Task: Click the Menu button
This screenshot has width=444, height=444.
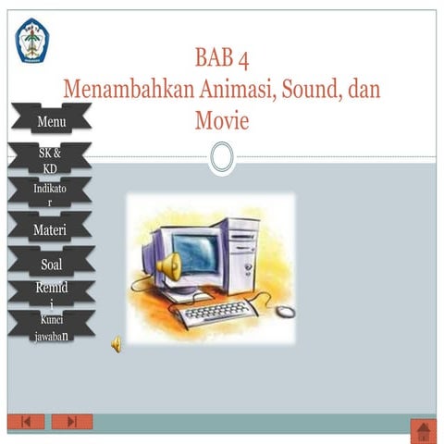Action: pos(51,120)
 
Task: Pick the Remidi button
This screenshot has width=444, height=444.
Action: pos(51,294)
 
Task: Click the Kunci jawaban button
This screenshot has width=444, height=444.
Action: pos(51,327)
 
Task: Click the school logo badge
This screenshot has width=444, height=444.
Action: pos(32,41)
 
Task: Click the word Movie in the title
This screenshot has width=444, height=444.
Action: pos(222,120)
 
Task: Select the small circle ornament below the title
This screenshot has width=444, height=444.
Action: pos(221,156)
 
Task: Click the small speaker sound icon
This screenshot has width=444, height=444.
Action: pos(117,344)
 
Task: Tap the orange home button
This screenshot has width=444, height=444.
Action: pos(423,430)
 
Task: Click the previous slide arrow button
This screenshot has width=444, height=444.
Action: pos(26,422)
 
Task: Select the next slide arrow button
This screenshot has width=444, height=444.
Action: pos(72,422)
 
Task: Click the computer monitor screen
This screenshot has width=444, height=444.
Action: pos(195,250)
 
